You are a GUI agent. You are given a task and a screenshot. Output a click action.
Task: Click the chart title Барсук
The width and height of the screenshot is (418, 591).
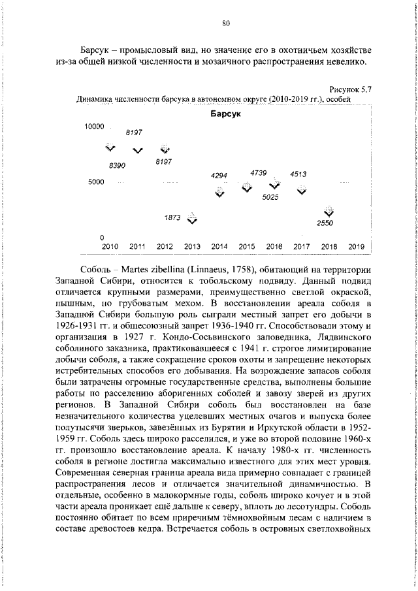(225, 114)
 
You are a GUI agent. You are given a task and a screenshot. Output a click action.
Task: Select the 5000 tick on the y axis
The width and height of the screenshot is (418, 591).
(97, 182)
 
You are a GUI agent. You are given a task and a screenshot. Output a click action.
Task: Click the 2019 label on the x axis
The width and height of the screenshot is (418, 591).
(356, 247)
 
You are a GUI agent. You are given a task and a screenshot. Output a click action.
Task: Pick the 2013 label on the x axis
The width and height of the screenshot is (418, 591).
(192, 247)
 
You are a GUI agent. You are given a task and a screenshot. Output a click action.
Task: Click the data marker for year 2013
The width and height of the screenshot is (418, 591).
(192, 219)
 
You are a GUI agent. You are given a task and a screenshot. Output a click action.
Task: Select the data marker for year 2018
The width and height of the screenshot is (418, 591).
(329, 211)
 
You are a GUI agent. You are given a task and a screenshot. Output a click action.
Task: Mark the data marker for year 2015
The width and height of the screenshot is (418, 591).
(246, 188)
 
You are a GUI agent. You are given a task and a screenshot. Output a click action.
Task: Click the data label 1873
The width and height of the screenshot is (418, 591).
(172, 218)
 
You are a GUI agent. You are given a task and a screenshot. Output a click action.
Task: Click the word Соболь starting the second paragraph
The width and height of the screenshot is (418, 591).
(96, 268)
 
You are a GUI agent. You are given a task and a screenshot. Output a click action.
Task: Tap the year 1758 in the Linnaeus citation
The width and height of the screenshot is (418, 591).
(240, 268)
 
